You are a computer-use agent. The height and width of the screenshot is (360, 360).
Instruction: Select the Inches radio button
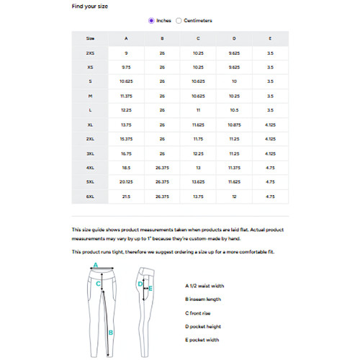point(151,21)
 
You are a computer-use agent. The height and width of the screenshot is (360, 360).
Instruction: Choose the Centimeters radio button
point(179,21)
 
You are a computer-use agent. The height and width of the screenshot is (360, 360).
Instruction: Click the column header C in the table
point(198,38)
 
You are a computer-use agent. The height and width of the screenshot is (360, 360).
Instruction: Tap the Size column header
point(90,38)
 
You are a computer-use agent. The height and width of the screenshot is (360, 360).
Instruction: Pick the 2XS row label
point(90,53)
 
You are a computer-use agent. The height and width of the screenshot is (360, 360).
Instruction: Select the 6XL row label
point(90,196)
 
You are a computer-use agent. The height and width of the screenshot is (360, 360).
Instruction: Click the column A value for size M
point(126,96)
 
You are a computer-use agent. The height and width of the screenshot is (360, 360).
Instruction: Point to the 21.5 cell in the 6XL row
point(126,196)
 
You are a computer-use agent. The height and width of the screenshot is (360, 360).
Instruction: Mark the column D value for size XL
point(234,125)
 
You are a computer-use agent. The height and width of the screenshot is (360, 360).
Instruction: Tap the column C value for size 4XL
point(198,167)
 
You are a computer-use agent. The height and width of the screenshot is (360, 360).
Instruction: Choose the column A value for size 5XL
point(126,181)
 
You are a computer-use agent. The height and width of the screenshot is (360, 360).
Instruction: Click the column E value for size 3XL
point(270,153)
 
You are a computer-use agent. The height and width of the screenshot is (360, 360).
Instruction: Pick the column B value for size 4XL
point(162,167)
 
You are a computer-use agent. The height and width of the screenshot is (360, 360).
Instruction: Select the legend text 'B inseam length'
point(203,299)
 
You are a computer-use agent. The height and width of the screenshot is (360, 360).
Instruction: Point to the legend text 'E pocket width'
point(202,339)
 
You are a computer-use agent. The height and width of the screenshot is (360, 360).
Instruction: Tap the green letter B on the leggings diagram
point(110,333)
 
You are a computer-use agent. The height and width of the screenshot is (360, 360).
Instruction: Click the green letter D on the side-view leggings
point(140,284)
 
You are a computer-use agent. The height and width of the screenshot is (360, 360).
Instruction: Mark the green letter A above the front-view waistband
point(95,265)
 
